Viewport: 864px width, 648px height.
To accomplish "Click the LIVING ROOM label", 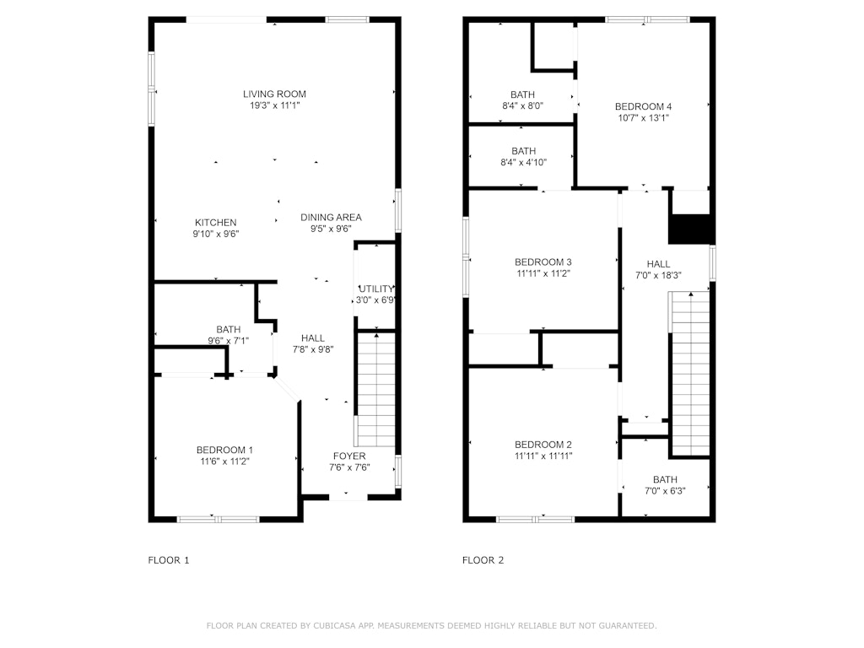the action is [274, 94].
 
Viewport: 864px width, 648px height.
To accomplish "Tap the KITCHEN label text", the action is [215, 223].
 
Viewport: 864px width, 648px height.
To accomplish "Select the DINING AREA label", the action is [331, 218].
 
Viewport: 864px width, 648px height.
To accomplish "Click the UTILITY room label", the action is [376, 289].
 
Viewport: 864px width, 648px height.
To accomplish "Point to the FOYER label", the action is [349, 456].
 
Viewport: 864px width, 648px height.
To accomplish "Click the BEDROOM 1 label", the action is [224, 451].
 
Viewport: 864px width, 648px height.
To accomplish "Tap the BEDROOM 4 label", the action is [643, 106].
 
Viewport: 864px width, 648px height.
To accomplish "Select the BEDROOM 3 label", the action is [543, 262].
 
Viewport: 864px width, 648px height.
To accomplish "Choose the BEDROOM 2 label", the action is [543, 445].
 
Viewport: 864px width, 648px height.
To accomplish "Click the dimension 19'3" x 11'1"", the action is [274, 105].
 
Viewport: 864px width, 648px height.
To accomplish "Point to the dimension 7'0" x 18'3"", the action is [658, 275].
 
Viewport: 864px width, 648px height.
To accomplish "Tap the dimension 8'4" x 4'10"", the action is [523, 163].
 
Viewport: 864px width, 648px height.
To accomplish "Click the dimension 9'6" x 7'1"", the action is [228, 341].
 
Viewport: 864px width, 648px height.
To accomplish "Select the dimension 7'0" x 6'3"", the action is [665, 491].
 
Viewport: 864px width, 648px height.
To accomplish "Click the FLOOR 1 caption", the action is [169, 560].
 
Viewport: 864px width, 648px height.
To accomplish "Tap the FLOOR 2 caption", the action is [483, 560].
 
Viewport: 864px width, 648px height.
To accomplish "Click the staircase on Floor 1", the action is [376, 390].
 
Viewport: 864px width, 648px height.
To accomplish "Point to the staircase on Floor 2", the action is [690, 374].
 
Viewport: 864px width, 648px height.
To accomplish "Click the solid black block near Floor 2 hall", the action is [691, 229].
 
